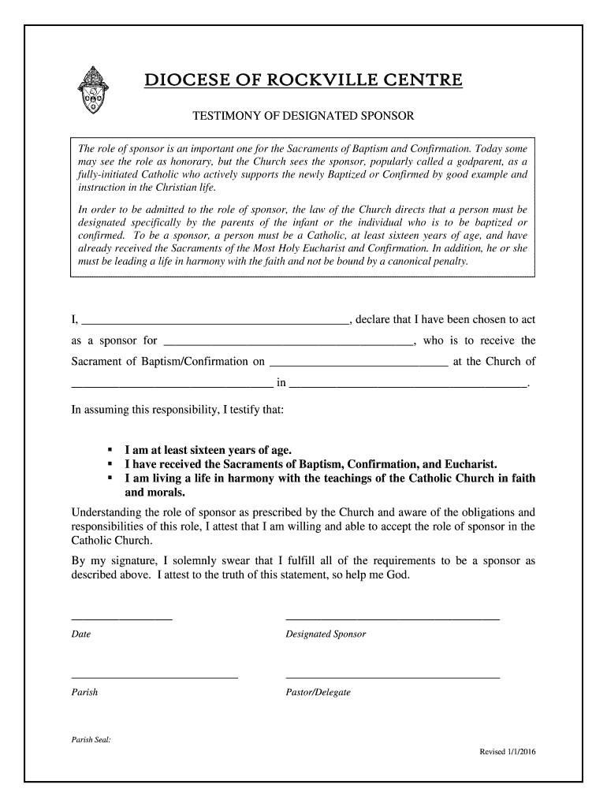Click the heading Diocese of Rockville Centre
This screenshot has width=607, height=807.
click(303, 81)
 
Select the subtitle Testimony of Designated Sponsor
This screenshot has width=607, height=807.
click(303, 117)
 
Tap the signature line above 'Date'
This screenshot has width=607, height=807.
click(121, 619)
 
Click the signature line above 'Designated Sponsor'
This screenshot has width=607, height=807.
click(392, 619)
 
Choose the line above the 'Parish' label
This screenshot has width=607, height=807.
click(154, 677)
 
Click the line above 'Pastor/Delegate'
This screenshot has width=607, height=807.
click(392, 677)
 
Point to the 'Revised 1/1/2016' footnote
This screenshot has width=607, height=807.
click(508, 751)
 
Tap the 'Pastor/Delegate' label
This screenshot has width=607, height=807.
click(318, 693)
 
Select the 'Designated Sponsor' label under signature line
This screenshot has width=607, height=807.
click(326, 634)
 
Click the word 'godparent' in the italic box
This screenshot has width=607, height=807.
click(483, 161)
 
